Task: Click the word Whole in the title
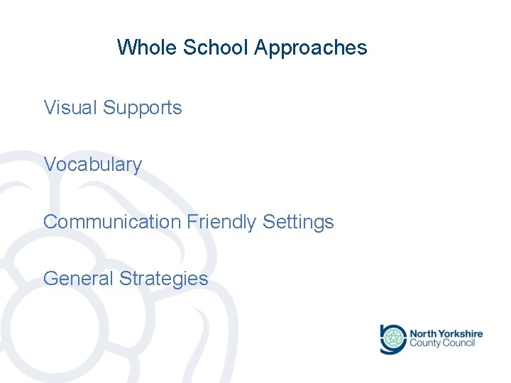pyautogui.click(x=147, y=48)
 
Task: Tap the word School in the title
pyautogui.click(x=215, y=48)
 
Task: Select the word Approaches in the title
pyautogui.click(x=310, y=48)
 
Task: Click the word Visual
pyautogui.click(x=70, y=108)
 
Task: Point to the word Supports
pyautogui.click(x=143, y=109)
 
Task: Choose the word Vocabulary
pyautogui.click(x=93, y=165)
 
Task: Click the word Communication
pyautogui.click(x=112, y=222)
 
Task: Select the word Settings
pyautogui.click(x=298, y=223)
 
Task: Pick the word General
pyautogui.click(x=79, y=278)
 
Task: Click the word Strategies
pyautogui.click(x=164, y=279)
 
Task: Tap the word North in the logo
pyautogui.click(x=424, y=333)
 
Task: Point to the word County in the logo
pyautogui.click(x=426, y=344)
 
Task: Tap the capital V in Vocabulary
pyautogui.click(x=50, y=165)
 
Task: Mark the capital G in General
pyautogui.click(x=50, y=278)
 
